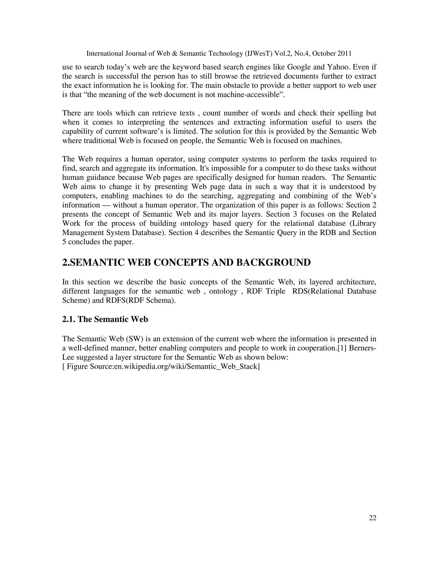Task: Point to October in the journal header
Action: click(321, 53)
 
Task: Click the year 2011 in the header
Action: click(344, 53)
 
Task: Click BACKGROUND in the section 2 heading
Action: click(273, 262)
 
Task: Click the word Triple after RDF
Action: click(276, 291)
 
